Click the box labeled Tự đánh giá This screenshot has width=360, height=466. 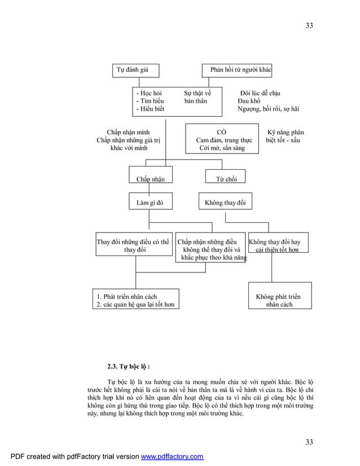(x=135, y=70)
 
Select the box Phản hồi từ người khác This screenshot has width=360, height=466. (x=237, y=70)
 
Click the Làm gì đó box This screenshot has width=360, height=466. (x=150, y=203)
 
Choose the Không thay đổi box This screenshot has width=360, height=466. (x=225, y=203)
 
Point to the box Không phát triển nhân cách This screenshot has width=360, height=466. (x=278, y=300)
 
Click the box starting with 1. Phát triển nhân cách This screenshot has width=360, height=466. (x=136, y=300)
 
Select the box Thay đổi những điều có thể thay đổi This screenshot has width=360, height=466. (x=134, y=246)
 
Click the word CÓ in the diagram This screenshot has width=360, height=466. (x=222, y=132)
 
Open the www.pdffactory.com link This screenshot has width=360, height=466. (x=172, y=456)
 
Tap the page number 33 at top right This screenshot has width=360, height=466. (x=309, y=25)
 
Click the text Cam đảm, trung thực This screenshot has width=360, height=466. (x=224, y=140)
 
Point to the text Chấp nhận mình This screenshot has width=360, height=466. (x=129, y=132)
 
